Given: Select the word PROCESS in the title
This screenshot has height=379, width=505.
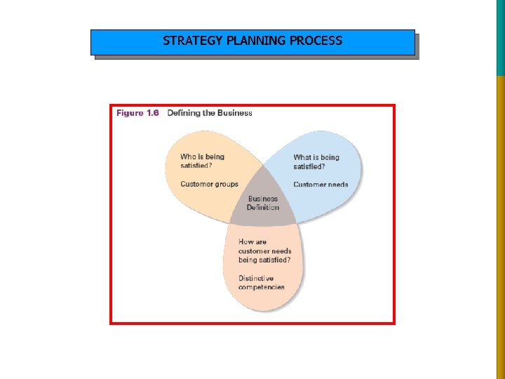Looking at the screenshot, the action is [316, 41].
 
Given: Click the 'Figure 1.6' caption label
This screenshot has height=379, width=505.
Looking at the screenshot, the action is [139, 113].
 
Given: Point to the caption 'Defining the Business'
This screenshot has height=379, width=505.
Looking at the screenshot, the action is [210, 113].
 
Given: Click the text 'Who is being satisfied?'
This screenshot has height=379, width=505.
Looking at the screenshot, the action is [203, 161].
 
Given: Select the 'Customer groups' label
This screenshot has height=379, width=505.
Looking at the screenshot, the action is [209, 185].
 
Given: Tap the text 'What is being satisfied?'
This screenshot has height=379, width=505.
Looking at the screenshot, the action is [316, 161].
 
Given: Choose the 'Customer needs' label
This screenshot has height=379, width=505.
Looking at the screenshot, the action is [321, 185].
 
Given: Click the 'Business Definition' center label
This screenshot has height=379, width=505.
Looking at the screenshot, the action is [263, 203].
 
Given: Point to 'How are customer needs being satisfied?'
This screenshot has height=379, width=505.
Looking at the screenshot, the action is [264, 251].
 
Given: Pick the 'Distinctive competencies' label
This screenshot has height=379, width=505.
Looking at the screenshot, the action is [262, 283].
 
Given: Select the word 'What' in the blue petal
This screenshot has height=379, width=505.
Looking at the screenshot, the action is [302, 157].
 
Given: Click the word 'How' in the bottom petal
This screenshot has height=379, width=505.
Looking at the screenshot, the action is [246, 242].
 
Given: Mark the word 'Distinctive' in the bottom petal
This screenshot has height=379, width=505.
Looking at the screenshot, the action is [257, 279].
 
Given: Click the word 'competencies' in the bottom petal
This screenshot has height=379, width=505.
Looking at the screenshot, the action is [262, 287].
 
